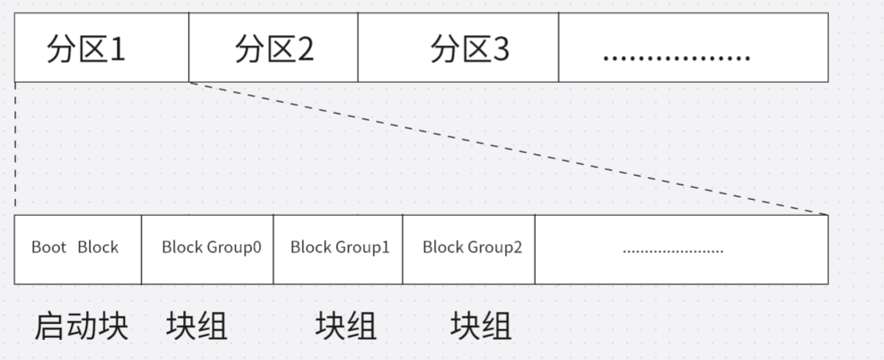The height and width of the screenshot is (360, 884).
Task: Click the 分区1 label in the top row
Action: pyautogui.click(x=86, y=49)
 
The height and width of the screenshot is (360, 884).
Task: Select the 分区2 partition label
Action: pyautogui.click(x=274, y=49)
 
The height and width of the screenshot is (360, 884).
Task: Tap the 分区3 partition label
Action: pyautogui.click(x=469, y=49)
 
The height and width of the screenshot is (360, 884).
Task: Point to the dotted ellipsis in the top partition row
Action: pyautogui.click(x=676, y=56)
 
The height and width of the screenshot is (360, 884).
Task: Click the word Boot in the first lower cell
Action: pyautogui.click(x=49, y=247)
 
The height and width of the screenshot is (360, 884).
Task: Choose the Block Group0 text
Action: pyautogui.click(x=211, y=247)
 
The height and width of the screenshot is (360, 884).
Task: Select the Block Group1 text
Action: pyautogui.click(x=340, y=247)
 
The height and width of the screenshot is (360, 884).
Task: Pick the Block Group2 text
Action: pyautogui.click(x=472, y=247)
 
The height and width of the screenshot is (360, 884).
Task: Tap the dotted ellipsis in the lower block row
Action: pyautogui.click(x=673, y=251)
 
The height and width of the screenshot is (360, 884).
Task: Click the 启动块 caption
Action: pyautogui.click(x=81, y=326)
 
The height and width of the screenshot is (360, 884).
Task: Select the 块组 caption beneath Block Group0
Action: pyautogui.click(x=197, y=326)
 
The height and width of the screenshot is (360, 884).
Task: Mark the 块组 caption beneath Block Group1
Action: pyautogui.click(x=346, y=326)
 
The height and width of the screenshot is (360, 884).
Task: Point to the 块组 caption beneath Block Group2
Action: pyautogui.click(x=481, y=326)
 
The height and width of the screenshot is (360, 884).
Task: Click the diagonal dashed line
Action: pyautogui.click(x=510, y=149)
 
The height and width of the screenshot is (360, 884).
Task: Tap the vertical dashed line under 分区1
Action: pyautogui.click(x=15, y=147)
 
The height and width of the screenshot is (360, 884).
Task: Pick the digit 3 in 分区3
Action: pyautogui.click(x=500, y=50)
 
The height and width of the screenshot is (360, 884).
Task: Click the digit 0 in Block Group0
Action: pyautogui.click(x=256, y=247)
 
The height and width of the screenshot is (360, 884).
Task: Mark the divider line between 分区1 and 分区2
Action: pyautogui.click(x=189, y=48)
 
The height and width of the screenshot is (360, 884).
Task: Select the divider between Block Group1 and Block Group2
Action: pyautogui.click(x=403, y=249)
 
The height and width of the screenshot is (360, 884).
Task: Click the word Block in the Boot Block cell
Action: pyautogui.click(x=98, y=247)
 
